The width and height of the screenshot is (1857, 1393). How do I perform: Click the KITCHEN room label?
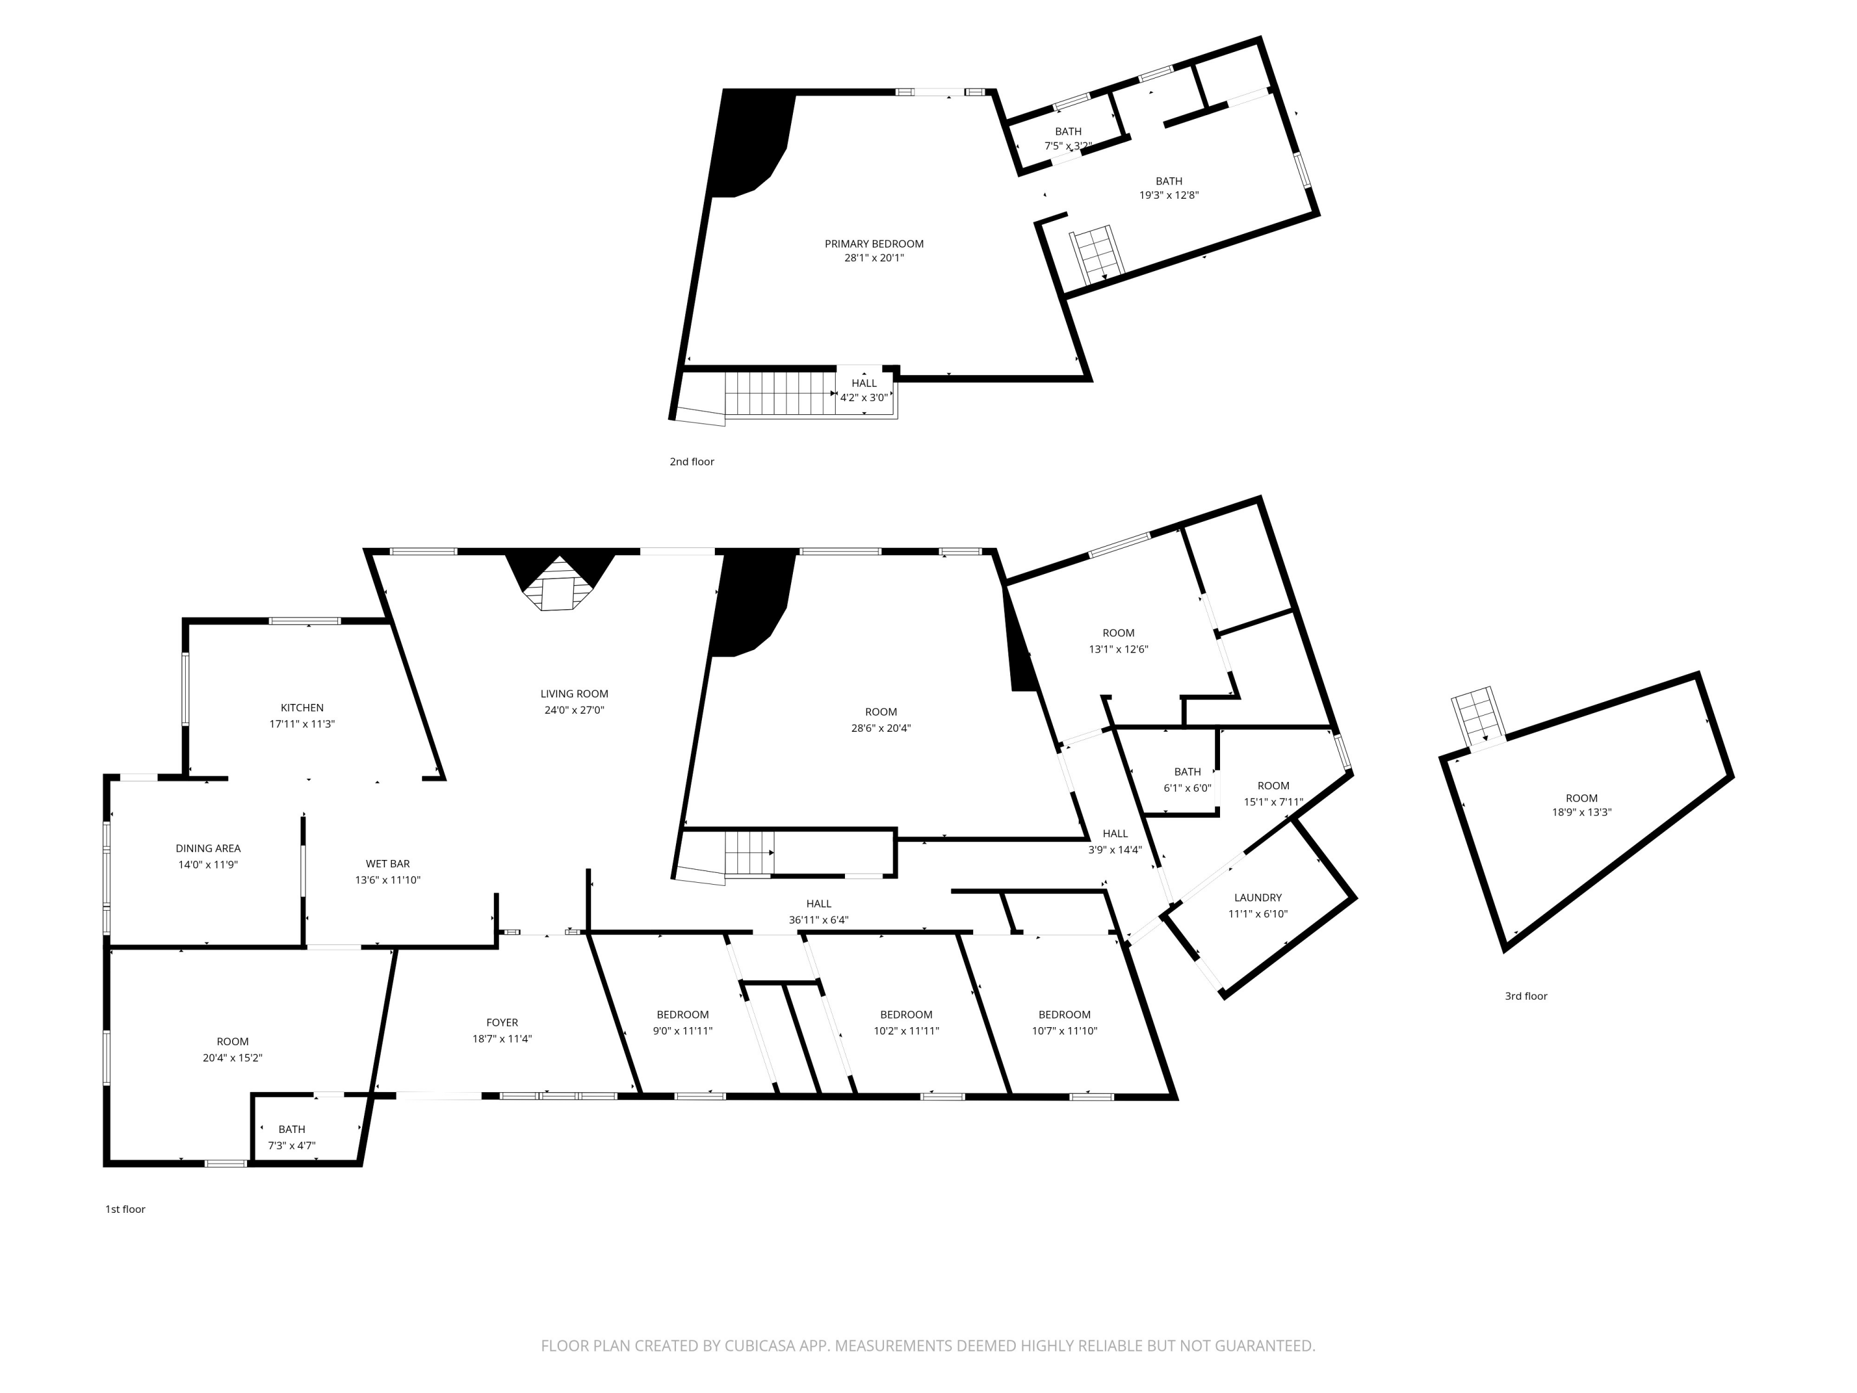[x=302, y=708]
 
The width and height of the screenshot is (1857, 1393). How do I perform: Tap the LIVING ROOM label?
[x=574, y=693]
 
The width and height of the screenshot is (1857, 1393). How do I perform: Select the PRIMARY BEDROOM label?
[x=874, y=243]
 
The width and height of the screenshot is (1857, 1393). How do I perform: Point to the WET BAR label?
[x=388, y=863]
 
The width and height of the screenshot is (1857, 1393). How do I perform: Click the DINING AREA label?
[x=208, y=848]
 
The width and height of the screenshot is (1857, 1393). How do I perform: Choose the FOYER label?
[x=502, y=1022]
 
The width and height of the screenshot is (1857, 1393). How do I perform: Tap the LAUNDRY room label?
[x=1258, y=898]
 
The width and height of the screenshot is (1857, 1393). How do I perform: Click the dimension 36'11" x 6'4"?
[x=818, y=919]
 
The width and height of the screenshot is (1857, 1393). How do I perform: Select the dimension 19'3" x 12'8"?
[x=1169, y=195]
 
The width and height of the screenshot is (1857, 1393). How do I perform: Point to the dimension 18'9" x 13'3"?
[x=1582, y=812]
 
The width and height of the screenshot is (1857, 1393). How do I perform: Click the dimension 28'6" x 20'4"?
[x=881, y=728]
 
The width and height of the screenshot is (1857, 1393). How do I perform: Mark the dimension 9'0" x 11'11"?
[x=683, y=1030]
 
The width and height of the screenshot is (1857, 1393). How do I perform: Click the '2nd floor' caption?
[x=692, y=461]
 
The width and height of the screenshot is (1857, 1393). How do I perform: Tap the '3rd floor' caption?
[x=1525, y=996]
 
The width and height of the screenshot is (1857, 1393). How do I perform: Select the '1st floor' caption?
[x=125, y=1209]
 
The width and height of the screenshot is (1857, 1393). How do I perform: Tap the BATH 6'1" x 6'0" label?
[x=1187, y=780]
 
